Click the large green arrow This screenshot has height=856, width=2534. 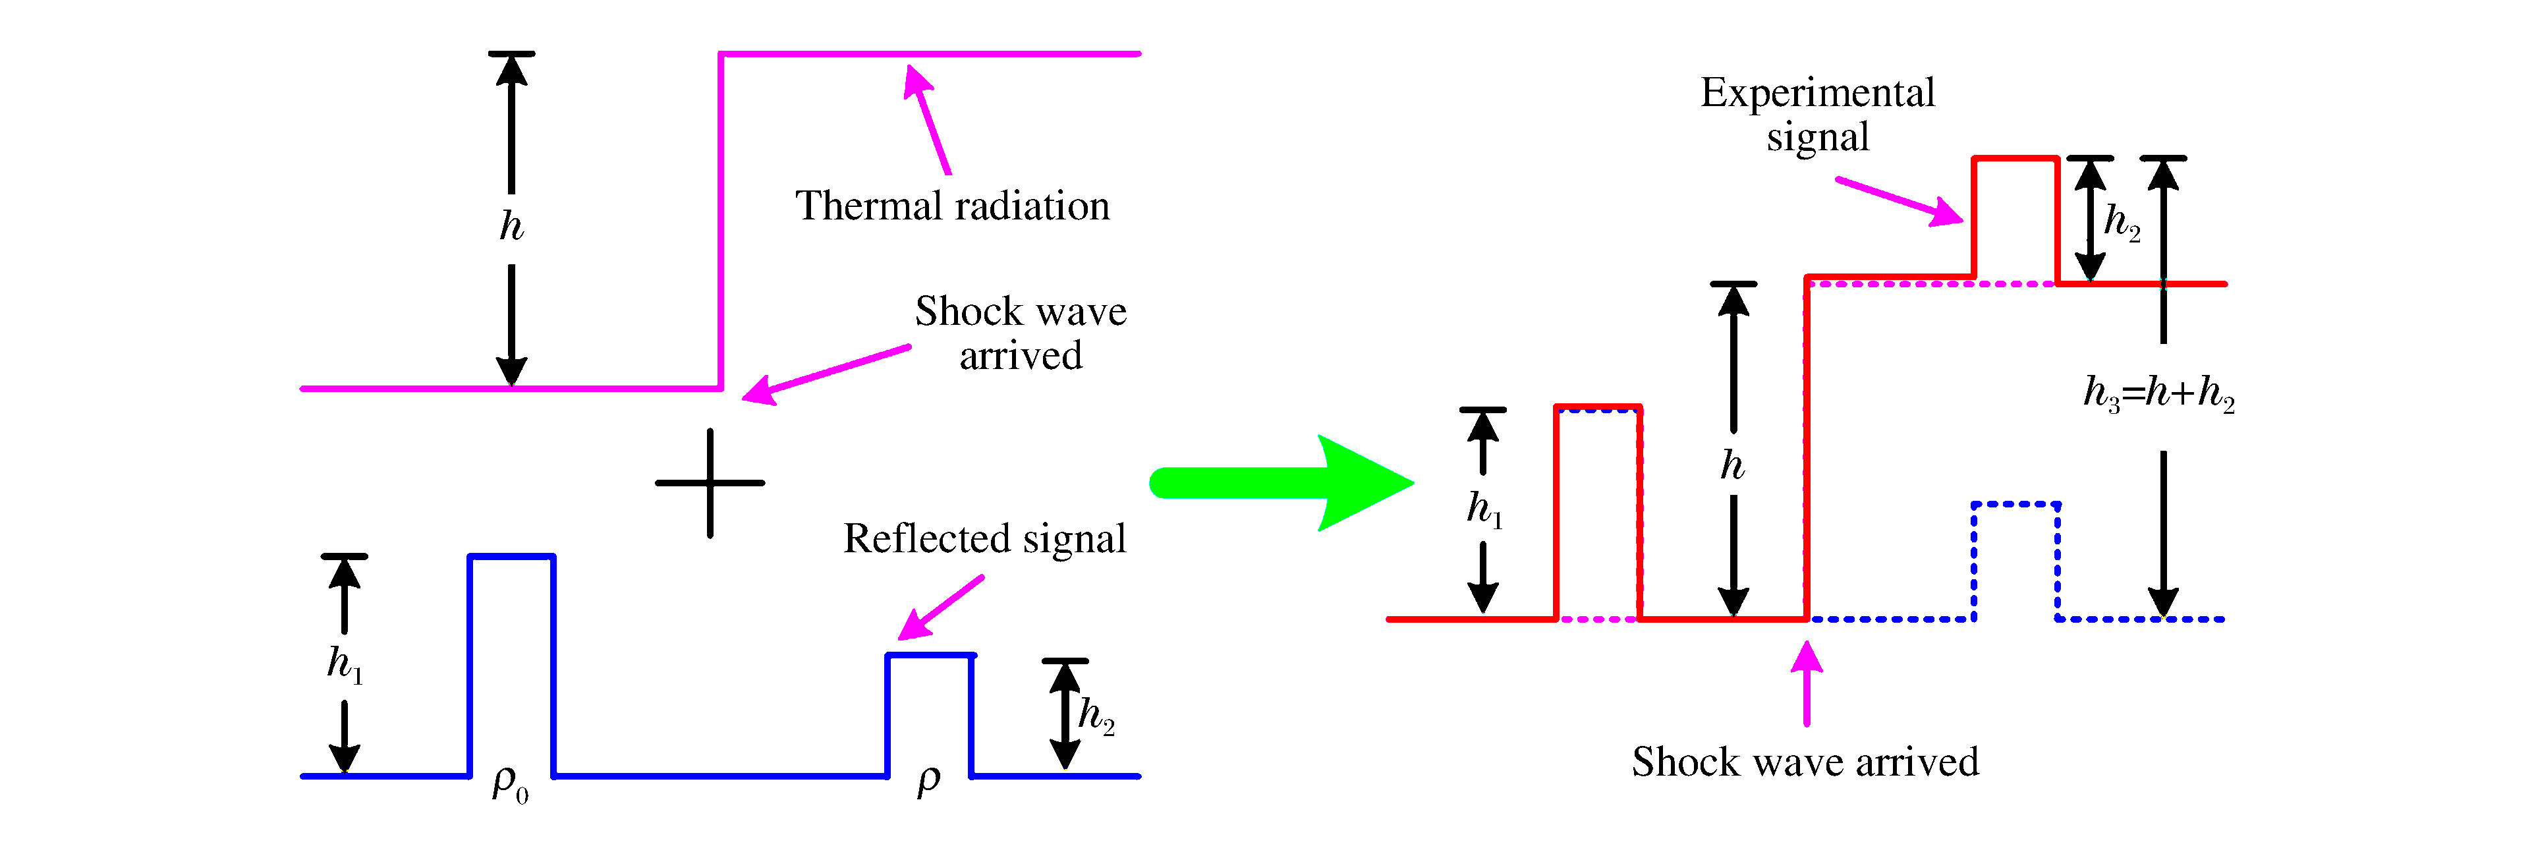click(x=1279, y=483)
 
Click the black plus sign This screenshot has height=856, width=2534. click(x=709, y=483)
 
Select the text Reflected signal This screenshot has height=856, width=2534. click(x=984, y=539)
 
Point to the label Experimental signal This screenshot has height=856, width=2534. click(x=1817, y=114)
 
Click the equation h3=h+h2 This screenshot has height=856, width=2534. click(x=2158, y=393)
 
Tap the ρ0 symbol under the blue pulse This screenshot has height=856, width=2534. click(x=509, y=784)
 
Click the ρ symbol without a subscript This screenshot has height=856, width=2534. click(x=928, y=780)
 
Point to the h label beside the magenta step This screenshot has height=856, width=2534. click(x=511, y=226)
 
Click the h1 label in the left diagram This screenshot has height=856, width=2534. click(x=345, y=664)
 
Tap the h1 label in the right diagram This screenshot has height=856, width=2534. click(x=1483, y=509)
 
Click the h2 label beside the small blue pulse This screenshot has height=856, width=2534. click(x=1095, y=714)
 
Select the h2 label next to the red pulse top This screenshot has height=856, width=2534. click(x=2121, y=222)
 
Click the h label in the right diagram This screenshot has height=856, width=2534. click(x=1732, y=465)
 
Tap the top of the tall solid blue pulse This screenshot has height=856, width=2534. click(x=511, y=557)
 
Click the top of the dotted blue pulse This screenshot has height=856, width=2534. click(x=2015, y=505)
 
